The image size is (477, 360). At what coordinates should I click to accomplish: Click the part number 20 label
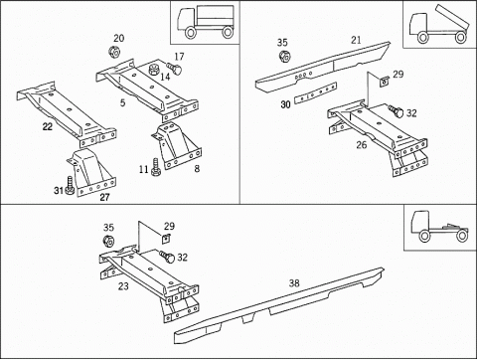(x=119, y=38)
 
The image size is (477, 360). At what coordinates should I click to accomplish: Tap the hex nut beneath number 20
(x=115, y=52)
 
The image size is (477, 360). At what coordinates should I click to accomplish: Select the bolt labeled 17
(x=174, y=69)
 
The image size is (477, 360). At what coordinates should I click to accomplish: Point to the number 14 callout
(x=165, y=77)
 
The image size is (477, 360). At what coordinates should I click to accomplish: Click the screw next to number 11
(x=155, y=167)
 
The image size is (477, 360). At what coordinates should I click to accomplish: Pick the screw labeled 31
(x=70, y=186)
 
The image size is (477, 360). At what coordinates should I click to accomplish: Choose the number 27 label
(x=104, y=198)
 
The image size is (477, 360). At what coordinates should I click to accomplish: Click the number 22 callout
(x=48, y=126)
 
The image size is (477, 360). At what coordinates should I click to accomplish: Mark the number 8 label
(x=197, y=169)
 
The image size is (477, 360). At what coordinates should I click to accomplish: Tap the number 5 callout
(x=122, y=102)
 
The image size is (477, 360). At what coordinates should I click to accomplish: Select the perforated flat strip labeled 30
(x=315, y=92)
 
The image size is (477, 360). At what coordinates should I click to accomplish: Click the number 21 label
(x=356, y=40)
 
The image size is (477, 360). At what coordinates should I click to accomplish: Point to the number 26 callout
(x=362, y=145)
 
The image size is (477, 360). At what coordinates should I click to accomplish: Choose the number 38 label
(x=294, y=283)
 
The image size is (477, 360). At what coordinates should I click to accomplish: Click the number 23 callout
(x=123, y=286)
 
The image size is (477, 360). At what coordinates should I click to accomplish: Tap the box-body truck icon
(x=206, y=22)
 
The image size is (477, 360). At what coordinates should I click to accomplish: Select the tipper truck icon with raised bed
(x=439, y=25)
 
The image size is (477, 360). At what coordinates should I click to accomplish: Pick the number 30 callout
(x=285, y=104)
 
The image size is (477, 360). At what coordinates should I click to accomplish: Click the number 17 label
(x=179, y=57)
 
